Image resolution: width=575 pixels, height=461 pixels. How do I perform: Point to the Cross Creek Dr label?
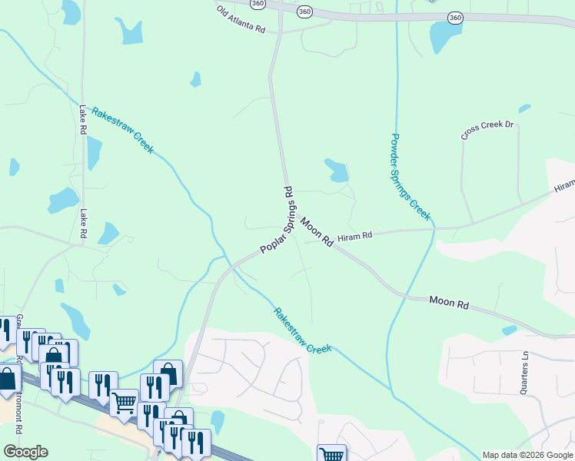(x=487, y=130)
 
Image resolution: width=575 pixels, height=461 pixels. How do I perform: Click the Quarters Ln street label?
(x=526, y=373)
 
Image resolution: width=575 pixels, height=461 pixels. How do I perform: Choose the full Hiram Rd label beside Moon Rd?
(x=354, y=236)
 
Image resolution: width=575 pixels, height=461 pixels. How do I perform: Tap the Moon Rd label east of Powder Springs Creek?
(x=448, y=303)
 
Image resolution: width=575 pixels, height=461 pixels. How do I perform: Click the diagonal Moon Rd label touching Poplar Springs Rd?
(x=316, y=232)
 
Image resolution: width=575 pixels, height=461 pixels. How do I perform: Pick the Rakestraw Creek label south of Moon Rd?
(x=303, y=330)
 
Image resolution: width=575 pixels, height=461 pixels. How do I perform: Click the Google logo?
(x=25, y=452)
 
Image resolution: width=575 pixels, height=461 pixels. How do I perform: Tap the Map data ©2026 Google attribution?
(x=527, y=455)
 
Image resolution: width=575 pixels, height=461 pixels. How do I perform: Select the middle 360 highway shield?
(x=304, y=11)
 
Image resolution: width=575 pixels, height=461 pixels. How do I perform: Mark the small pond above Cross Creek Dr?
(x=525, y=108)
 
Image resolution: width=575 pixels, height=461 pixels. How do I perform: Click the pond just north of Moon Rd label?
(x=336, y=170)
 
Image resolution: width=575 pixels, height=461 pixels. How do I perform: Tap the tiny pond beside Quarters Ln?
(x=509, y=330)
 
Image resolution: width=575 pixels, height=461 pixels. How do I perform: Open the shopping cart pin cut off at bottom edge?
(x=331, y=453)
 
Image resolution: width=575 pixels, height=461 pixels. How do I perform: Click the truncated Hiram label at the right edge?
(x=564, y=186)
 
